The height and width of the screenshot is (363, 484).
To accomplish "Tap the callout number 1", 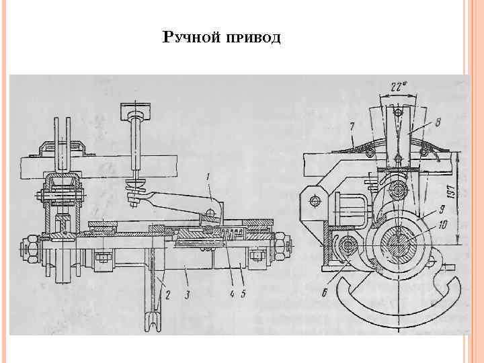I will click(208, 177).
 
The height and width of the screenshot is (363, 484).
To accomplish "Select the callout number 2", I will click(167, 293).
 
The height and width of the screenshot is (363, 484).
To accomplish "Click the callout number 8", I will click(438, 124).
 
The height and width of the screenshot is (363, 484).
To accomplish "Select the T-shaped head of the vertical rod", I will click(136, 109).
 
